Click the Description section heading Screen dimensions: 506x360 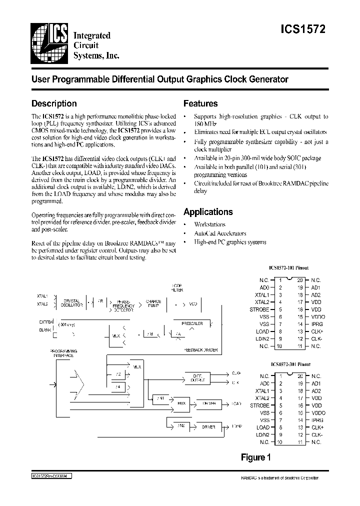pos(54,103)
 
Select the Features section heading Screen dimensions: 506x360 pos(200,103)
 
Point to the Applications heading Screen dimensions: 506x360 pos(208,211)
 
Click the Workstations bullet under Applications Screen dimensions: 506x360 pos(210,224)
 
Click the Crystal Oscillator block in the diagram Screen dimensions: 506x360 pos(72,303)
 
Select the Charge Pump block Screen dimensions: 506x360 pos(152,303)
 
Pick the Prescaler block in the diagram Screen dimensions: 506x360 pos(192,323)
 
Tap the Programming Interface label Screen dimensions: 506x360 pos(62,353)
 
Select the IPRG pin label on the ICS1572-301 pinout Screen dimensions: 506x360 pos(317,420)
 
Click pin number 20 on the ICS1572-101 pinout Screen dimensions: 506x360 pos(300,280)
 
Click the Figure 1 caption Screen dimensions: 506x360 pos(255,456)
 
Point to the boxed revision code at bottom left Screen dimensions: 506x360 pos(48,476)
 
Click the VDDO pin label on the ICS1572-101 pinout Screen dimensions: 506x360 pos(318,317)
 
